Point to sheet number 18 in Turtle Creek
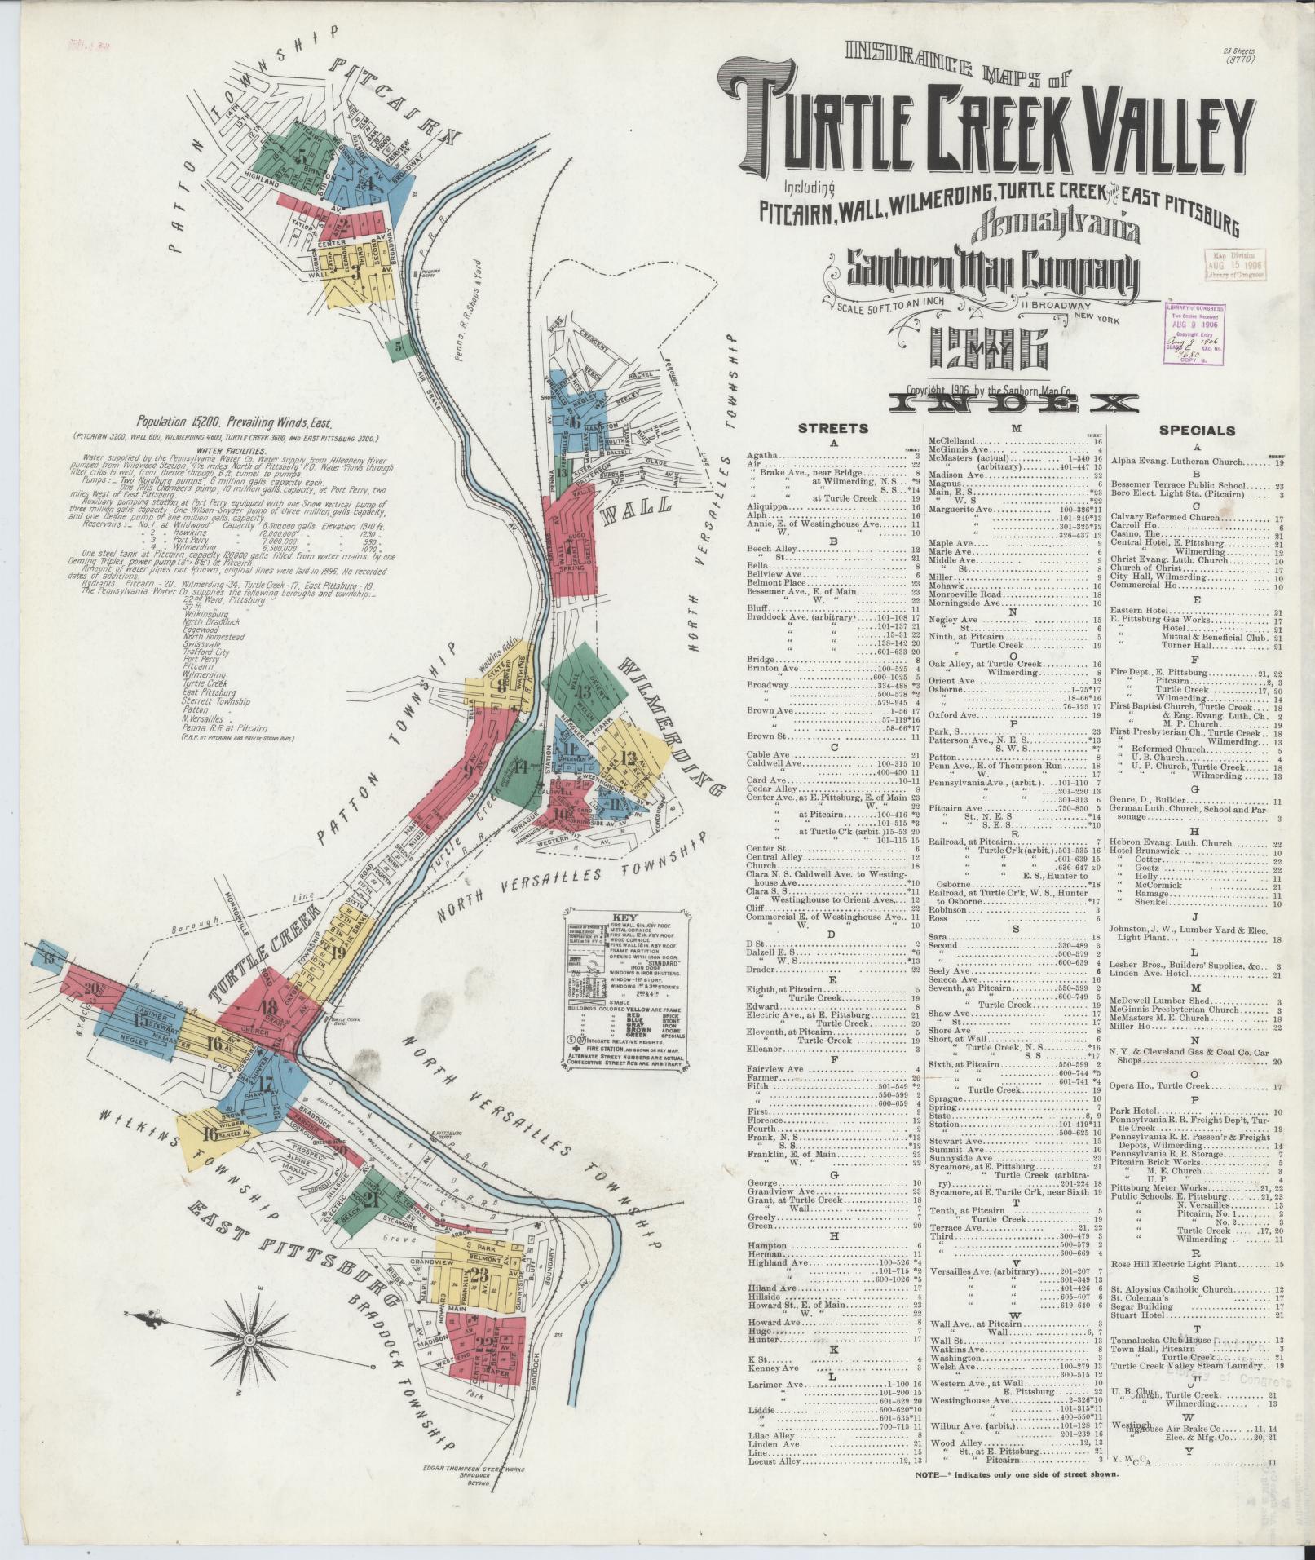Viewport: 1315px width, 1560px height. click(268, 1005)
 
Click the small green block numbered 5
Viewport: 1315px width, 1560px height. click(398, 347)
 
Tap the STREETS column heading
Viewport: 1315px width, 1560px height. click(833, 429)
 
